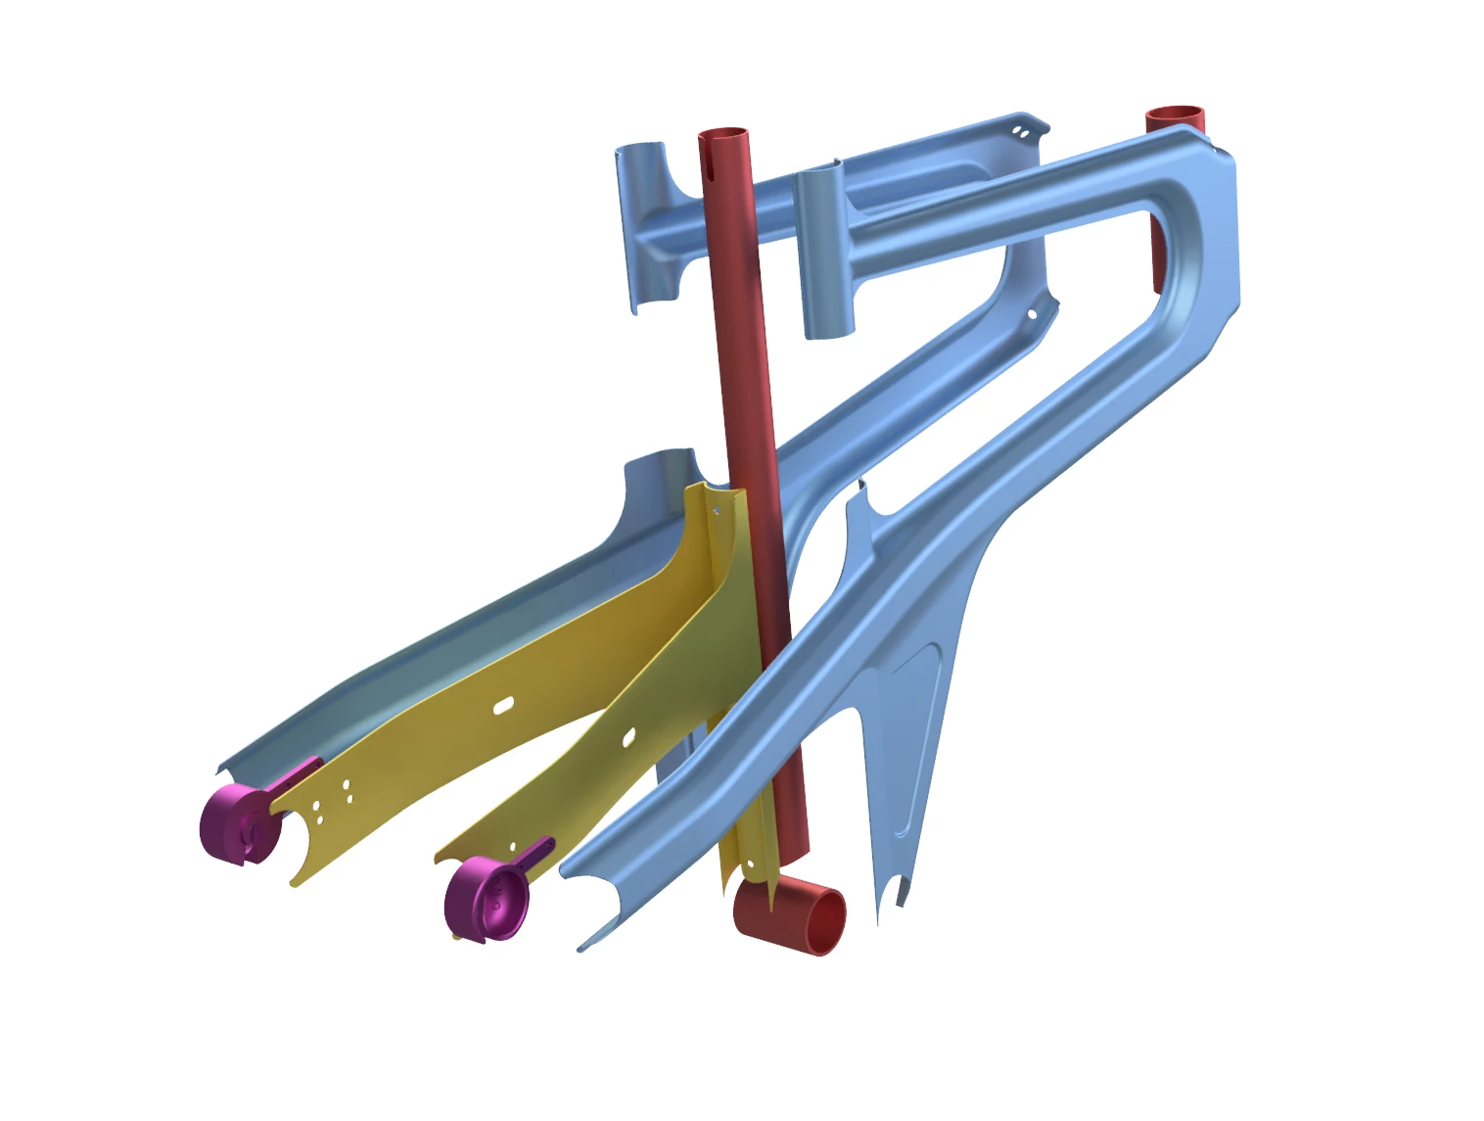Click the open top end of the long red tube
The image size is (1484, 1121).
(723, 135)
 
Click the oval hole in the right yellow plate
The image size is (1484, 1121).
(628, 736)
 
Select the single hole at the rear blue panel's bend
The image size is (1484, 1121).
(1031, 315)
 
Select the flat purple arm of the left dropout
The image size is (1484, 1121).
(296, 778)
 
